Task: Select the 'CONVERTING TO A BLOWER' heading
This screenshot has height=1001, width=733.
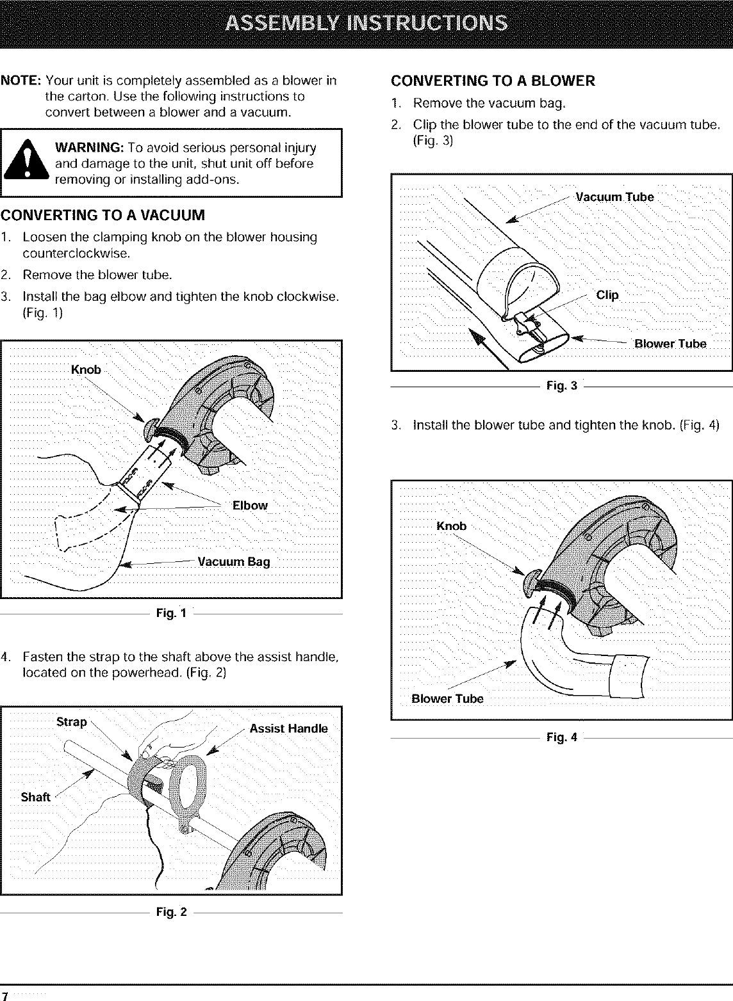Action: point(493,81)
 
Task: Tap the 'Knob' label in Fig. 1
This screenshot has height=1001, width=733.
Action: point(86,369)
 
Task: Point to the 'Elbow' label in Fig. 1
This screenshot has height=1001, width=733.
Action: point(250,505)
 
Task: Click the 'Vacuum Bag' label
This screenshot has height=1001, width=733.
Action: point(234,562)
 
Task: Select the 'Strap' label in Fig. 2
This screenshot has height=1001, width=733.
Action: point(71,722)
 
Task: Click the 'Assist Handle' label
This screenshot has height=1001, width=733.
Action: point(288,728)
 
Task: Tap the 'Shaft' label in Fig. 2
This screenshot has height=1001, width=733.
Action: point(35,797)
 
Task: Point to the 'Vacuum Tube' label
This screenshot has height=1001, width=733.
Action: point(614,196)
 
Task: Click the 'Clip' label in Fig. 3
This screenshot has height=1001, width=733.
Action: point(607,295)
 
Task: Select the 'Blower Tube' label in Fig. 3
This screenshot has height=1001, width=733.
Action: point(670,344)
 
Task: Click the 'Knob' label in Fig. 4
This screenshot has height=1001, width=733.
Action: point(451,526)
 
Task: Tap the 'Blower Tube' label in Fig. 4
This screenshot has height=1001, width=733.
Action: point(447,698)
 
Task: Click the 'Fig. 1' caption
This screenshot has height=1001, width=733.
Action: point(171,614)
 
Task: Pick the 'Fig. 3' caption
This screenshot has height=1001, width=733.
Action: point(561,385)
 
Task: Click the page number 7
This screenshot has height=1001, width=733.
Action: point(5,995)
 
